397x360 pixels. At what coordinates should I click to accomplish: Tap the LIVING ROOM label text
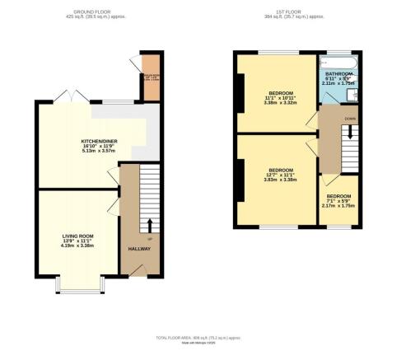tap(79, 236)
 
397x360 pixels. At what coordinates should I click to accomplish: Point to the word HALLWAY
tap(139, 248)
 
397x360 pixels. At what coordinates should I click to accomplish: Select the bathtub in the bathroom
tap(337, 63)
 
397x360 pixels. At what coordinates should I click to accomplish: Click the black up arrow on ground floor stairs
tap(149, 224)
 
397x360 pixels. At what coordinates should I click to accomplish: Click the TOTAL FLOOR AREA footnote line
tap(198, 338)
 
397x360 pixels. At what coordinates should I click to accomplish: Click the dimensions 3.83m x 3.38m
tap(278, 180)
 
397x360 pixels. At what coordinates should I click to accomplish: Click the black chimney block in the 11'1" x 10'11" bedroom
tap(240, 92)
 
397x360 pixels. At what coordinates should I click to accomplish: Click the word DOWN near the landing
tap(351, 119)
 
